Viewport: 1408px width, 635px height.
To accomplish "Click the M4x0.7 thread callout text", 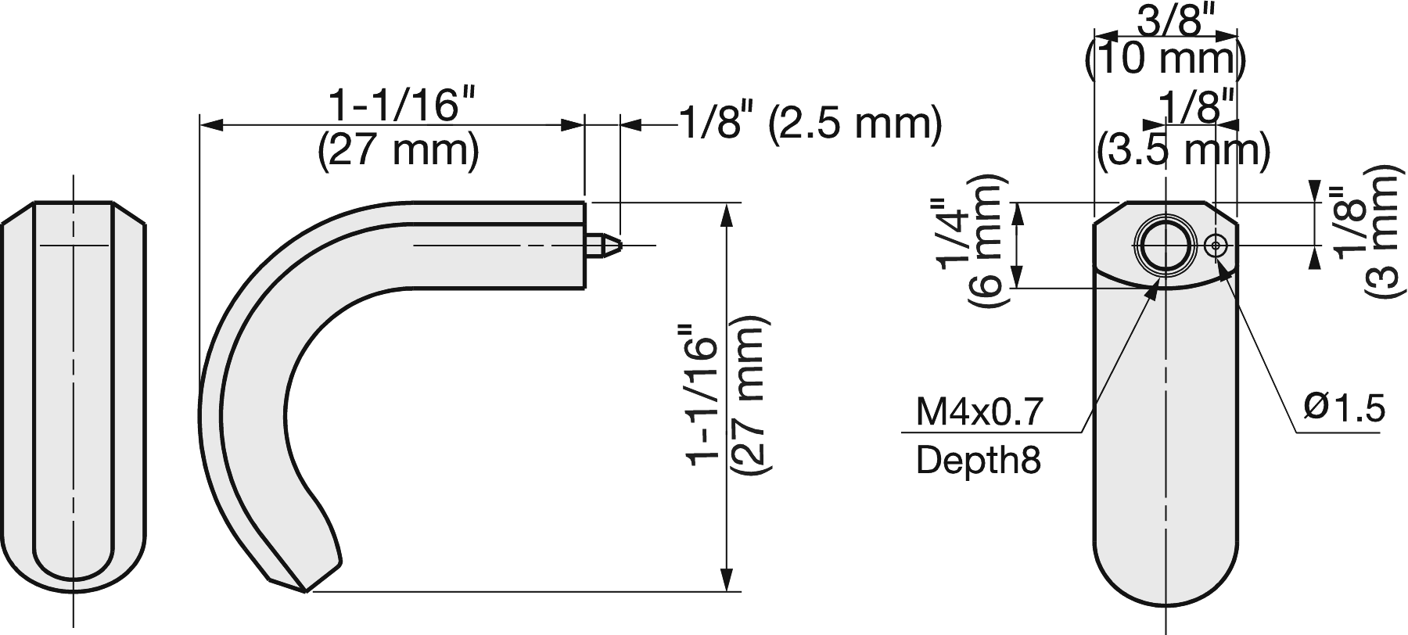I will tap(979, 411).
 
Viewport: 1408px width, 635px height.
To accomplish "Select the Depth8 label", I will tap(978, 461).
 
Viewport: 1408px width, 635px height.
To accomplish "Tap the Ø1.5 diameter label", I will tap(1344, 407).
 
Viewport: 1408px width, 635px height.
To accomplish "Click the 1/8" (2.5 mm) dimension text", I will tap(809, 124).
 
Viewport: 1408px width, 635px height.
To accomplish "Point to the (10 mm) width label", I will tap(1166, 59).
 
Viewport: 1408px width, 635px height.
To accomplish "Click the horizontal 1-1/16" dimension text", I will tap(402, 106).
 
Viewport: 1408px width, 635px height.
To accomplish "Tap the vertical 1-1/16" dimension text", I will tap(701, 400).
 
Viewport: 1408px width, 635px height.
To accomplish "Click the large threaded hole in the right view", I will tap(1166, 246).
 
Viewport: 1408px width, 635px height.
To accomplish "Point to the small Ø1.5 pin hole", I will tap(1216, 246).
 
